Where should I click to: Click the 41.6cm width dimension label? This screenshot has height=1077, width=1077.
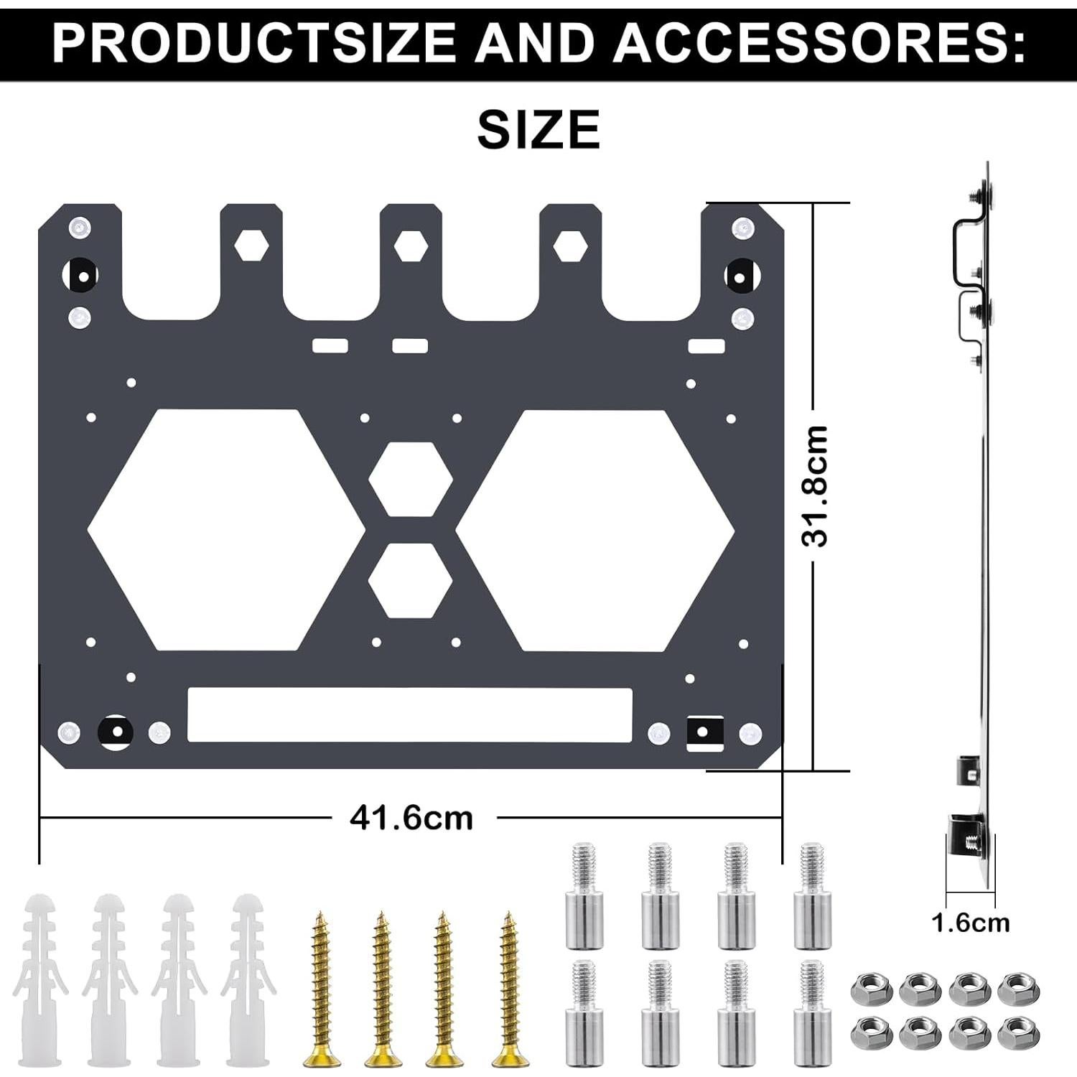[x=411, y=818]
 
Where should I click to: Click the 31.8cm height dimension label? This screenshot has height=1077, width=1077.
[x=815, y=486]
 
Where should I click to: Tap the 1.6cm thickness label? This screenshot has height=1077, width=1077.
[x=970, y=923]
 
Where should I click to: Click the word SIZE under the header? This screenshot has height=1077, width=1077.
[x=538, y=130]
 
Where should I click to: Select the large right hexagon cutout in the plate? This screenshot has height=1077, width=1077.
[x=595, y=531]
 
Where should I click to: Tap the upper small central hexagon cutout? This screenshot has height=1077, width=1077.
[x=411, y=479]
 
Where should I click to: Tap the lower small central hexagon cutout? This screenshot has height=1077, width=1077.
[x=411, y=580]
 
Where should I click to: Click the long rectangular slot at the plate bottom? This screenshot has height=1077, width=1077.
[x=409, y=715]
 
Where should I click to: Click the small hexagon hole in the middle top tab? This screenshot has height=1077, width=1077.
[x=411, y=246]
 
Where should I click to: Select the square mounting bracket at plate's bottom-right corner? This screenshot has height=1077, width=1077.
[x=704, y=733]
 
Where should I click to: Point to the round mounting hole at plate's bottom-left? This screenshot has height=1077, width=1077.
[x=115, y=732]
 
